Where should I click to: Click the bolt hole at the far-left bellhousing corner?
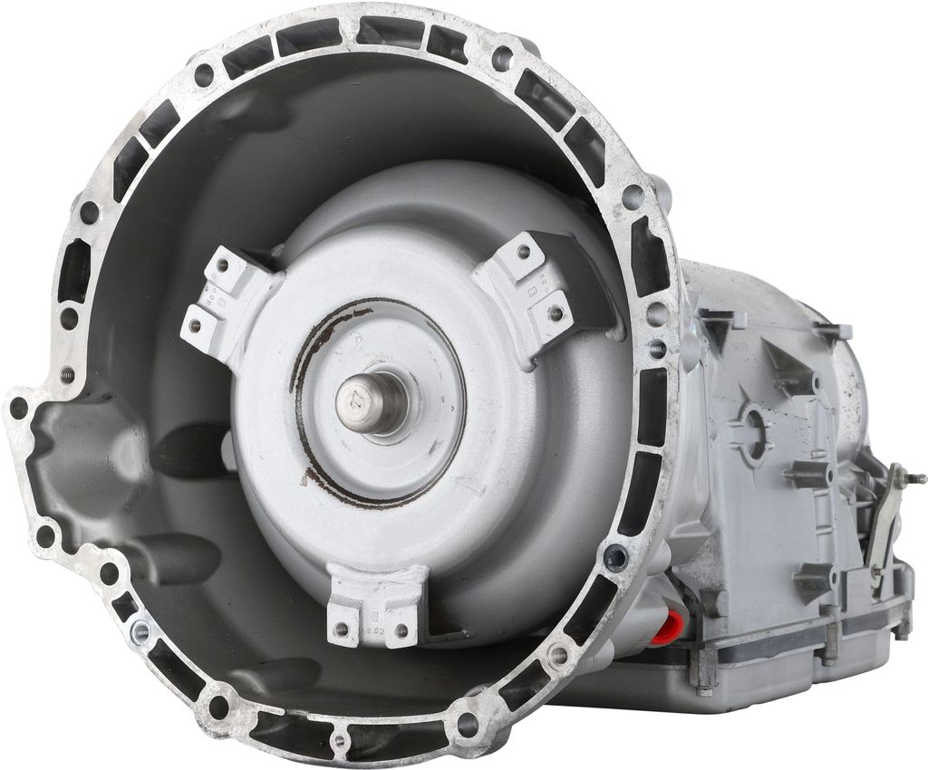pyautogui.click(x=18, y=409)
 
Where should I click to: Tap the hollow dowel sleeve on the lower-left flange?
pyautogui.click(x=140, y=628)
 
